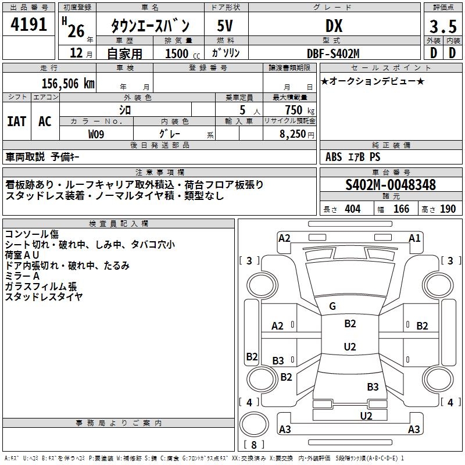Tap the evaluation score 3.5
(x=442, y=27)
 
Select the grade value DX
(x=334, y=26)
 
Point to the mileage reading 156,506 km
(x=67, y=83)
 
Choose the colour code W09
(x=96, y=133)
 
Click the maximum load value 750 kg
(x=296, y=110)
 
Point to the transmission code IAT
(x=16, y=121)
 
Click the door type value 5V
(x=226, y=26)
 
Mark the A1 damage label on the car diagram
(x=414, y=238)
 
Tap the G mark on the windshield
(x=332, y=306)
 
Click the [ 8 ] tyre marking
(x=253, y=445)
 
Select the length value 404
(x=352, y=209)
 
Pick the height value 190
(x=448, y=209)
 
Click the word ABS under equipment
(x=334, y=157)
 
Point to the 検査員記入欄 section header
(x=119, y=224)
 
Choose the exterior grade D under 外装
(x=433, y=53)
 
